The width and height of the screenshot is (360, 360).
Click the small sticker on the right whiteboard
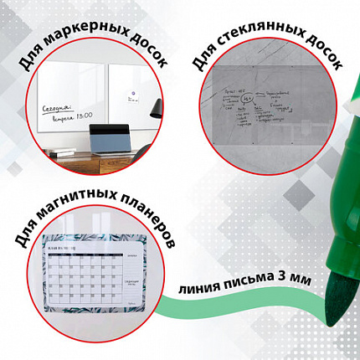(x=129, y=92)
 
